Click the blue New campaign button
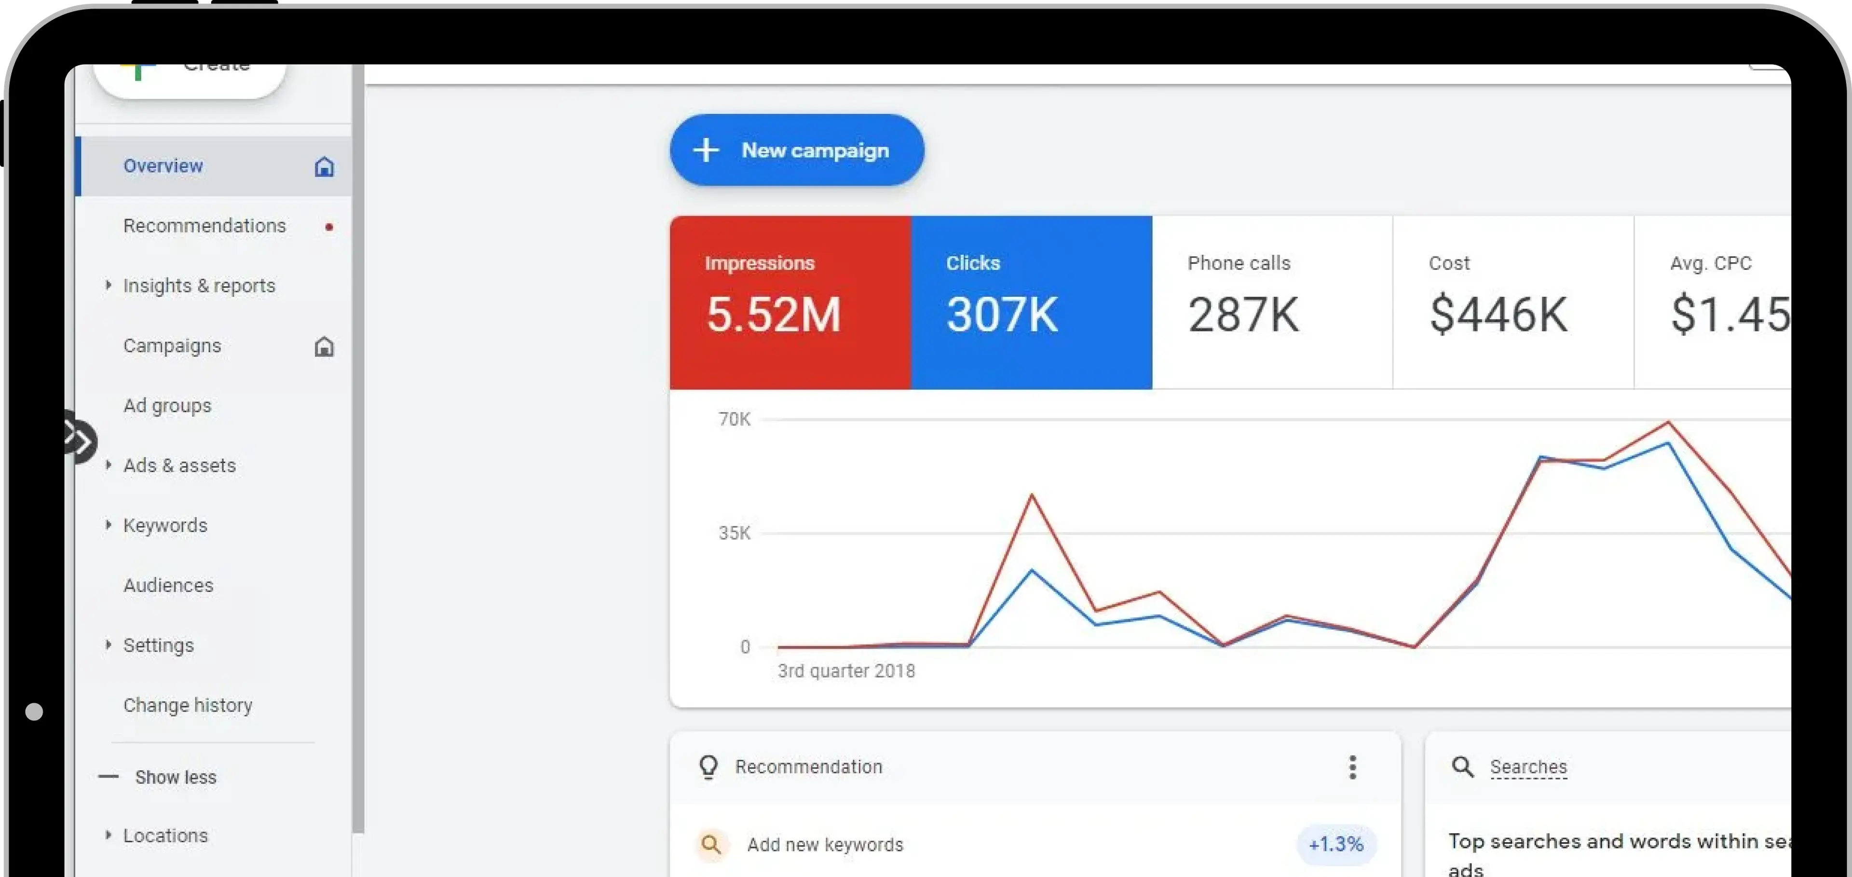coord(797,150)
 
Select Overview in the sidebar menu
coord(163,166)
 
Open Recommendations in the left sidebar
coord(204,226)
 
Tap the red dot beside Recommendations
coord(328,227)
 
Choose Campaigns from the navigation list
coord(172,346)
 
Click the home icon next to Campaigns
coord(324,347)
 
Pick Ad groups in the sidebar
coord(167,405)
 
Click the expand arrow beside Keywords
coord(109,525)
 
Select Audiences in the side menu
coord(168,585)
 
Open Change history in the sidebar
coord(188,705)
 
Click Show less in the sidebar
coord(176,777)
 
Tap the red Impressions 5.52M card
coord(790,302)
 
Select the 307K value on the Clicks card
coord(1002,315)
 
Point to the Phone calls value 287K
coord(1243,315)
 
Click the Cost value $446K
coord(1498,315)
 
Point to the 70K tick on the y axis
coord(734,419)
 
